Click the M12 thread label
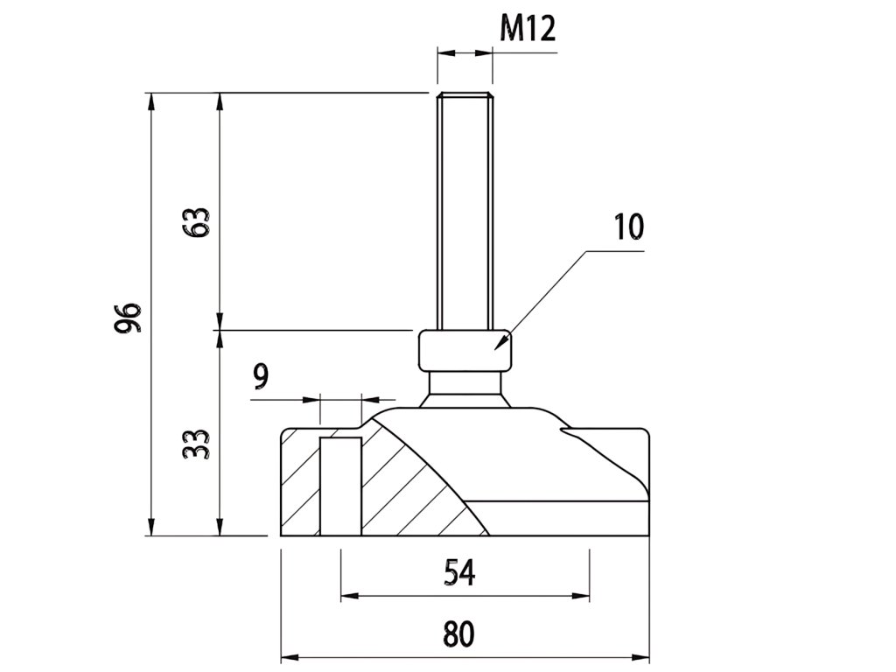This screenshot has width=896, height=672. (x=528, y=29)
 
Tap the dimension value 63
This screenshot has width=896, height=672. (x=198, y=224)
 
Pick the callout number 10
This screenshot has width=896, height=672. (x=628, y=227)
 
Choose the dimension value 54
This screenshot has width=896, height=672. (x=458, y=573)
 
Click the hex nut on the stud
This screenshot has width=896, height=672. (x=464, y=350)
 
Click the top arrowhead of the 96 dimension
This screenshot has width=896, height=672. (x=152, y=99)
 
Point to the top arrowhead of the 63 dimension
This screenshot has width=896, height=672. (x=220, y=99)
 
